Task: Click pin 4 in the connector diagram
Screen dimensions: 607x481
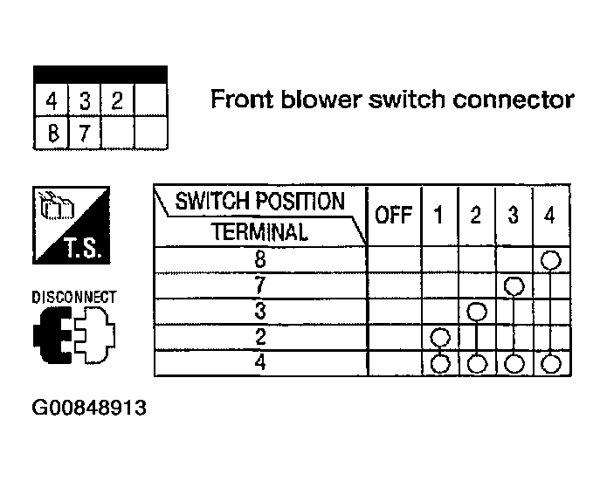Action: point(52,100)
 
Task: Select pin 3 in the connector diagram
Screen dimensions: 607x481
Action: point(85,100)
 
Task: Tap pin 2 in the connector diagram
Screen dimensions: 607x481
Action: point(117,100)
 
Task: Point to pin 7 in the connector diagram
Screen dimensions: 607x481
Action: point(85,133)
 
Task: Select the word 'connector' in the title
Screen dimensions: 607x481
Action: point(514,100)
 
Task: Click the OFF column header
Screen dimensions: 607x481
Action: point(393,215)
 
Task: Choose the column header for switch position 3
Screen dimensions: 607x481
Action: point(514,215)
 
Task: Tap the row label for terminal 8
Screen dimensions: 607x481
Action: point(260,259)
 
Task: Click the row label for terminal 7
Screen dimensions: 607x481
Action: point(260,285)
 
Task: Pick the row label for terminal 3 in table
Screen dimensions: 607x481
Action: point(260,311)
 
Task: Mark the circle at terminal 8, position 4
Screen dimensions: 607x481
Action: point(551,259)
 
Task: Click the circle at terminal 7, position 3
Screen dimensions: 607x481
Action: point(514,286)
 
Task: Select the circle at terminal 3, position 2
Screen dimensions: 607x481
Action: point(477,312)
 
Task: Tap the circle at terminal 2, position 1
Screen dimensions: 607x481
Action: point(440,338)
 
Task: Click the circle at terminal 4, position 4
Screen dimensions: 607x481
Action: point(551,364)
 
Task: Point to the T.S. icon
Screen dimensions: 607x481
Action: point(72,225)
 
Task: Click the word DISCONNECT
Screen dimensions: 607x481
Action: point(74,297)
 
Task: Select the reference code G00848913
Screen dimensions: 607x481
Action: point(89,408)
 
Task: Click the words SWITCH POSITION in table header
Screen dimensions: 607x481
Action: point(259,202)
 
